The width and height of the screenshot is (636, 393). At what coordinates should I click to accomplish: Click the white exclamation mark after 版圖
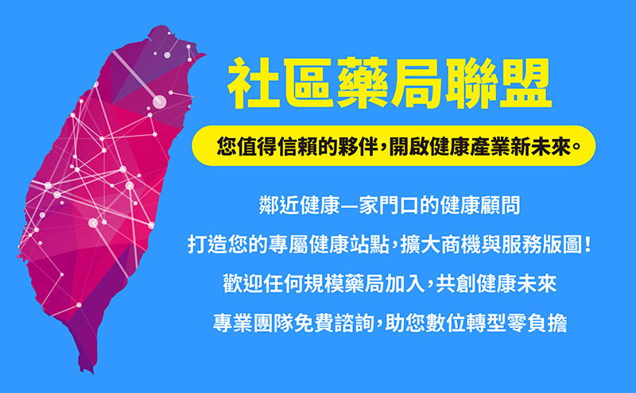(588, 245)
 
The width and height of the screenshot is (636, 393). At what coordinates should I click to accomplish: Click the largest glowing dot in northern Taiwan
(159, 102)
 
